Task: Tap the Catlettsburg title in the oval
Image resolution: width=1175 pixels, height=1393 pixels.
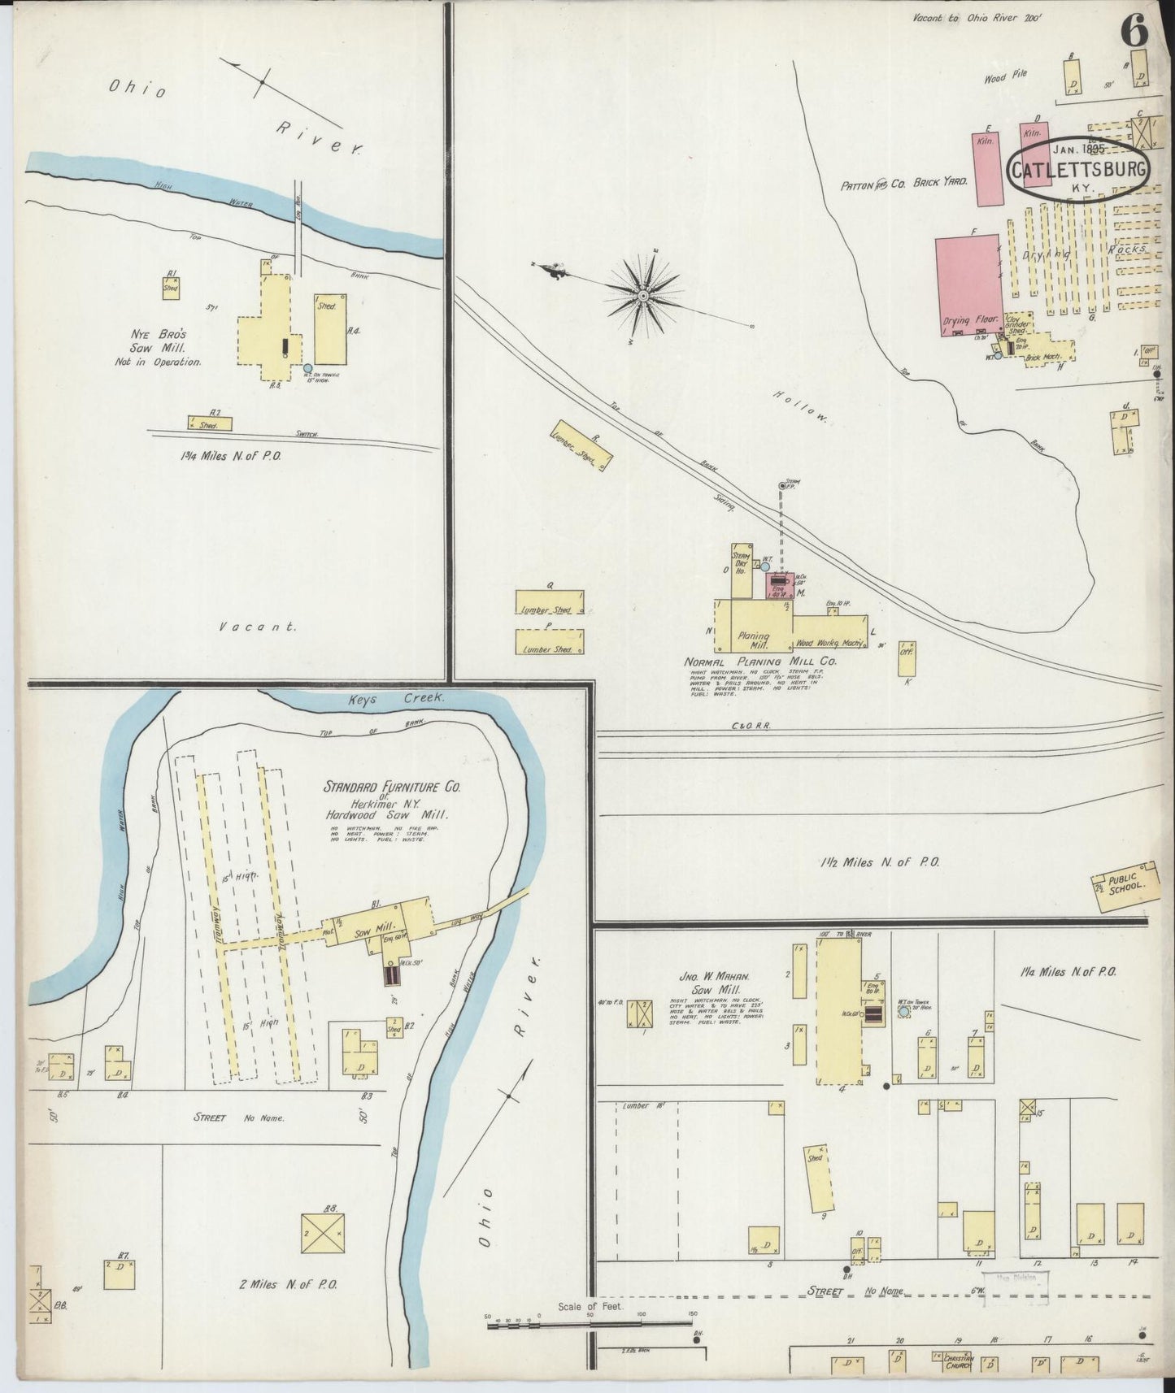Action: tap(1079, 170)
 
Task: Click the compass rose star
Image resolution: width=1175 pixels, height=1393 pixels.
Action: tap(643, 296)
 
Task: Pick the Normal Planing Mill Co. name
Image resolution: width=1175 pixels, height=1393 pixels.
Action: tap(760, 662)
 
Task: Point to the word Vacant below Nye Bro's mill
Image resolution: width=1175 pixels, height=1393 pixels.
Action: tap(258, 627)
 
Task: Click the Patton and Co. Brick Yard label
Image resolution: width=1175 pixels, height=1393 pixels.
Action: tap(903, 184)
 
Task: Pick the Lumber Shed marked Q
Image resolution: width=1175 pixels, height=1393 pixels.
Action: tap(549, 603)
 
